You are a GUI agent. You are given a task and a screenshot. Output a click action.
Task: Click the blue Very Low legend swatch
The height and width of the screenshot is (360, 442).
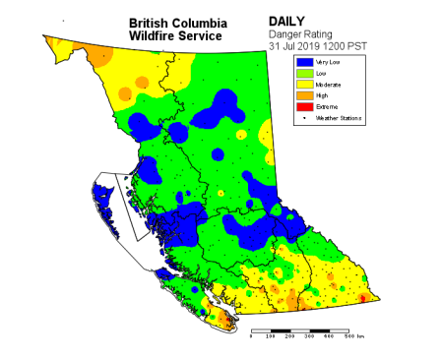click(x=305, y=62)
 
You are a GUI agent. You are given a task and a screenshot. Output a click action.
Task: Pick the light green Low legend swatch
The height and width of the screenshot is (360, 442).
click(x=305, y=73)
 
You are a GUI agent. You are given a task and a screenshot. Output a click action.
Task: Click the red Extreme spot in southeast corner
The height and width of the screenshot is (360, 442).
click(x=363, y=298)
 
